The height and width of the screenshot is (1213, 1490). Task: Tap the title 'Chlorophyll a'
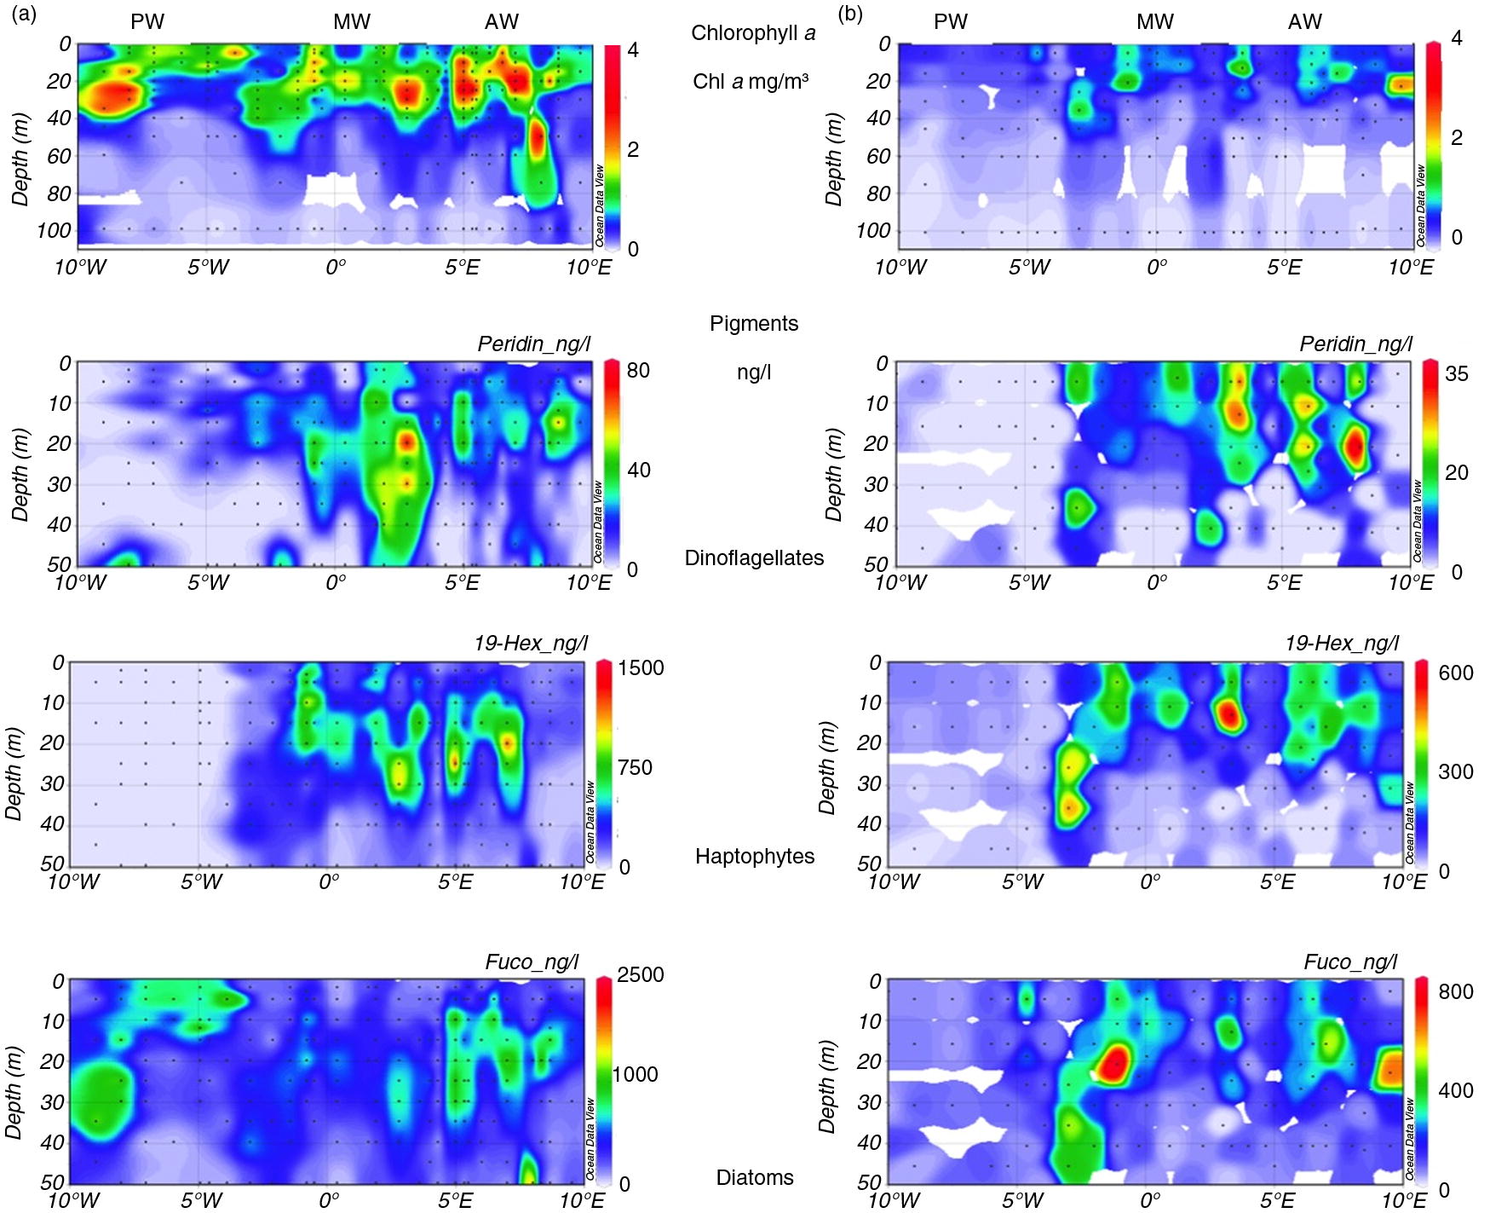point(753,33)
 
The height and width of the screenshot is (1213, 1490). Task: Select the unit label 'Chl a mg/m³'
point(751,82)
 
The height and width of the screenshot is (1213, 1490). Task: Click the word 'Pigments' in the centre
point(754,323)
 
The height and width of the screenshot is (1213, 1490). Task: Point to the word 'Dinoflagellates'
point(754,557)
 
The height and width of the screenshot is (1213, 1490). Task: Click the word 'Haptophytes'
point(755,856)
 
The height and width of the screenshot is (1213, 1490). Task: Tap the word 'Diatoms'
point(755,1177)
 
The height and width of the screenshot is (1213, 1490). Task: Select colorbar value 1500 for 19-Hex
point(641,667)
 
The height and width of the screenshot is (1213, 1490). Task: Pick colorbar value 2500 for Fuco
point(640,974)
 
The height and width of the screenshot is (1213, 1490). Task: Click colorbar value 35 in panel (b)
point(1457,373)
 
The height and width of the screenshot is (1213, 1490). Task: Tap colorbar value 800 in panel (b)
point(1456,991)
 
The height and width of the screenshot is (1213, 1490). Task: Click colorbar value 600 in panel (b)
point(1456,673)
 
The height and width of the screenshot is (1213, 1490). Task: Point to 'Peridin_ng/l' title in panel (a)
point(533,344)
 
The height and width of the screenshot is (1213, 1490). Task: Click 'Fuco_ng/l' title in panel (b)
point(1350,962)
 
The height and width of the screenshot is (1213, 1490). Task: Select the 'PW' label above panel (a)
point(147,21)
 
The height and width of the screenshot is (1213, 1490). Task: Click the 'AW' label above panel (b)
point(1304,21)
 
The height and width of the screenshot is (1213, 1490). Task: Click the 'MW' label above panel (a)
point(352,21)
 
